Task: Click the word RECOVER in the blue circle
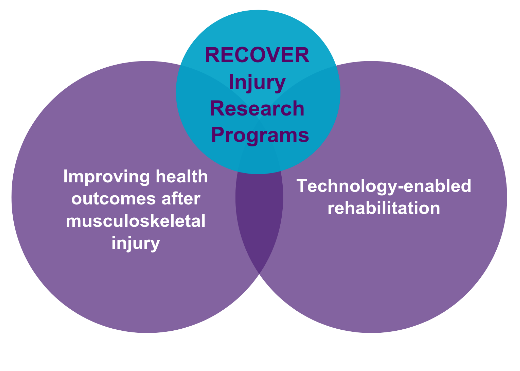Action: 257,55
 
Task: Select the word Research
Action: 257,108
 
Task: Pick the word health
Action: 182,176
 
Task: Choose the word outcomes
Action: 114,199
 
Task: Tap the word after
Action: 181,198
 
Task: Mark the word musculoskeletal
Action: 136,221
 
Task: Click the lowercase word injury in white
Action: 136,243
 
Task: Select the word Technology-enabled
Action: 384,186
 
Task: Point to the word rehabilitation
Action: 384,208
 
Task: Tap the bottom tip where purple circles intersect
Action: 259,274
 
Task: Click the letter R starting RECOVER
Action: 212,55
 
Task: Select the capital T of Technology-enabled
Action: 303,186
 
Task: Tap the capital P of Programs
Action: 217,135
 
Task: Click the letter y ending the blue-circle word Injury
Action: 280,85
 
